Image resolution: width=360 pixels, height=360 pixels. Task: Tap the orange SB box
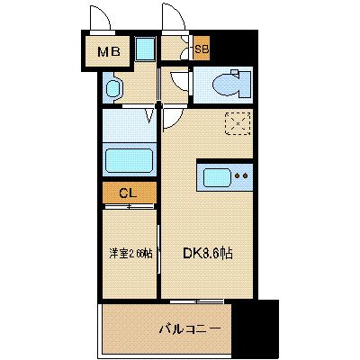tap(202, 50)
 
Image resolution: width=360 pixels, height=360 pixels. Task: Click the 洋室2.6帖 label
tap(130, 253)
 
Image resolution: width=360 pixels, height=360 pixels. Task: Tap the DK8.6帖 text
tap(210, 253)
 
